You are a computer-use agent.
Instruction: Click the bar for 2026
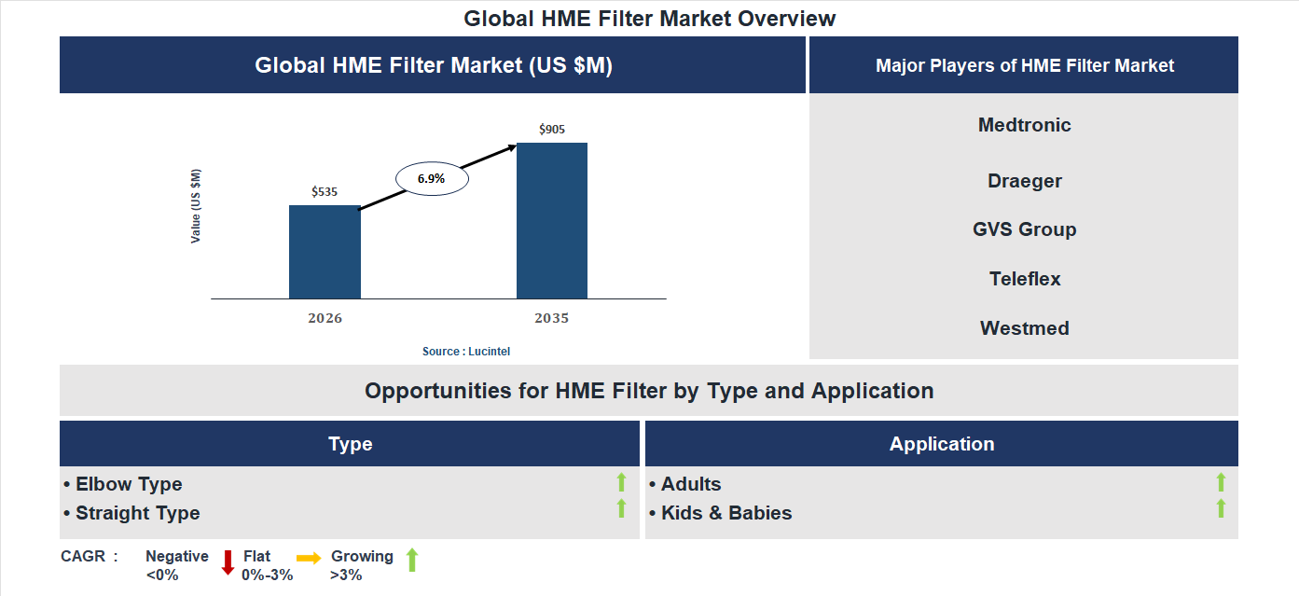click(325, 252)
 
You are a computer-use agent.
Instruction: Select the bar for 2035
click(552, 221)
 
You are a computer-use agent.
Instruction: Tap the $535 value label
click(325, 192)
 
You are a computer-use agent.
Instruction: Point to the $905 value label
click(552, 130)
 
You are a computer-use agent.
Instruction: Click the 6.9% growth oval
click(432, 178)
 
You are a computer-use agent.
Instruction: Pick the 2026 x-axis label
click(325, 318)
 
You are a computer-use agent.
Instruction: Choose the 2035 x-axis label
click(552, 318)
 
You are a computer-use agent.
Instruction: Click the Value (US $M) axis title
click(196, 206)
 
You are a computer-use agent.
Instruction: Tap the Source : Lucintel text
click(466, 352)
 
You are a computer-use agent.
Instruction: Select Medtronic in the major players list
click(1024, 125)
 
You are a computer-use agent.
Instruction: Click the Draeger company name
click(1024, 181)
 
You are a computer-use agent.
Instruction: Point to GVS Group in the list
click(1024, 229)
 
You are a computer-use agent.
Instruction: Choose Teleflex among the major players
click(1024, 279)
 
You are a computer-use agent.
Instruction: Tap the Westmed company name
click(1024, 328)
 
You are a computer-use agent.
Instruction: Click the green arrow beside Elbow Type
click(621, 482)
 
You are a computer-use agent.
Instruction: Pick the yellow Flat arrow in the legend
click(309, 557)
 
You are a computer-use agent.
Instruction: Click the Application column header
click(941, 444)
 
